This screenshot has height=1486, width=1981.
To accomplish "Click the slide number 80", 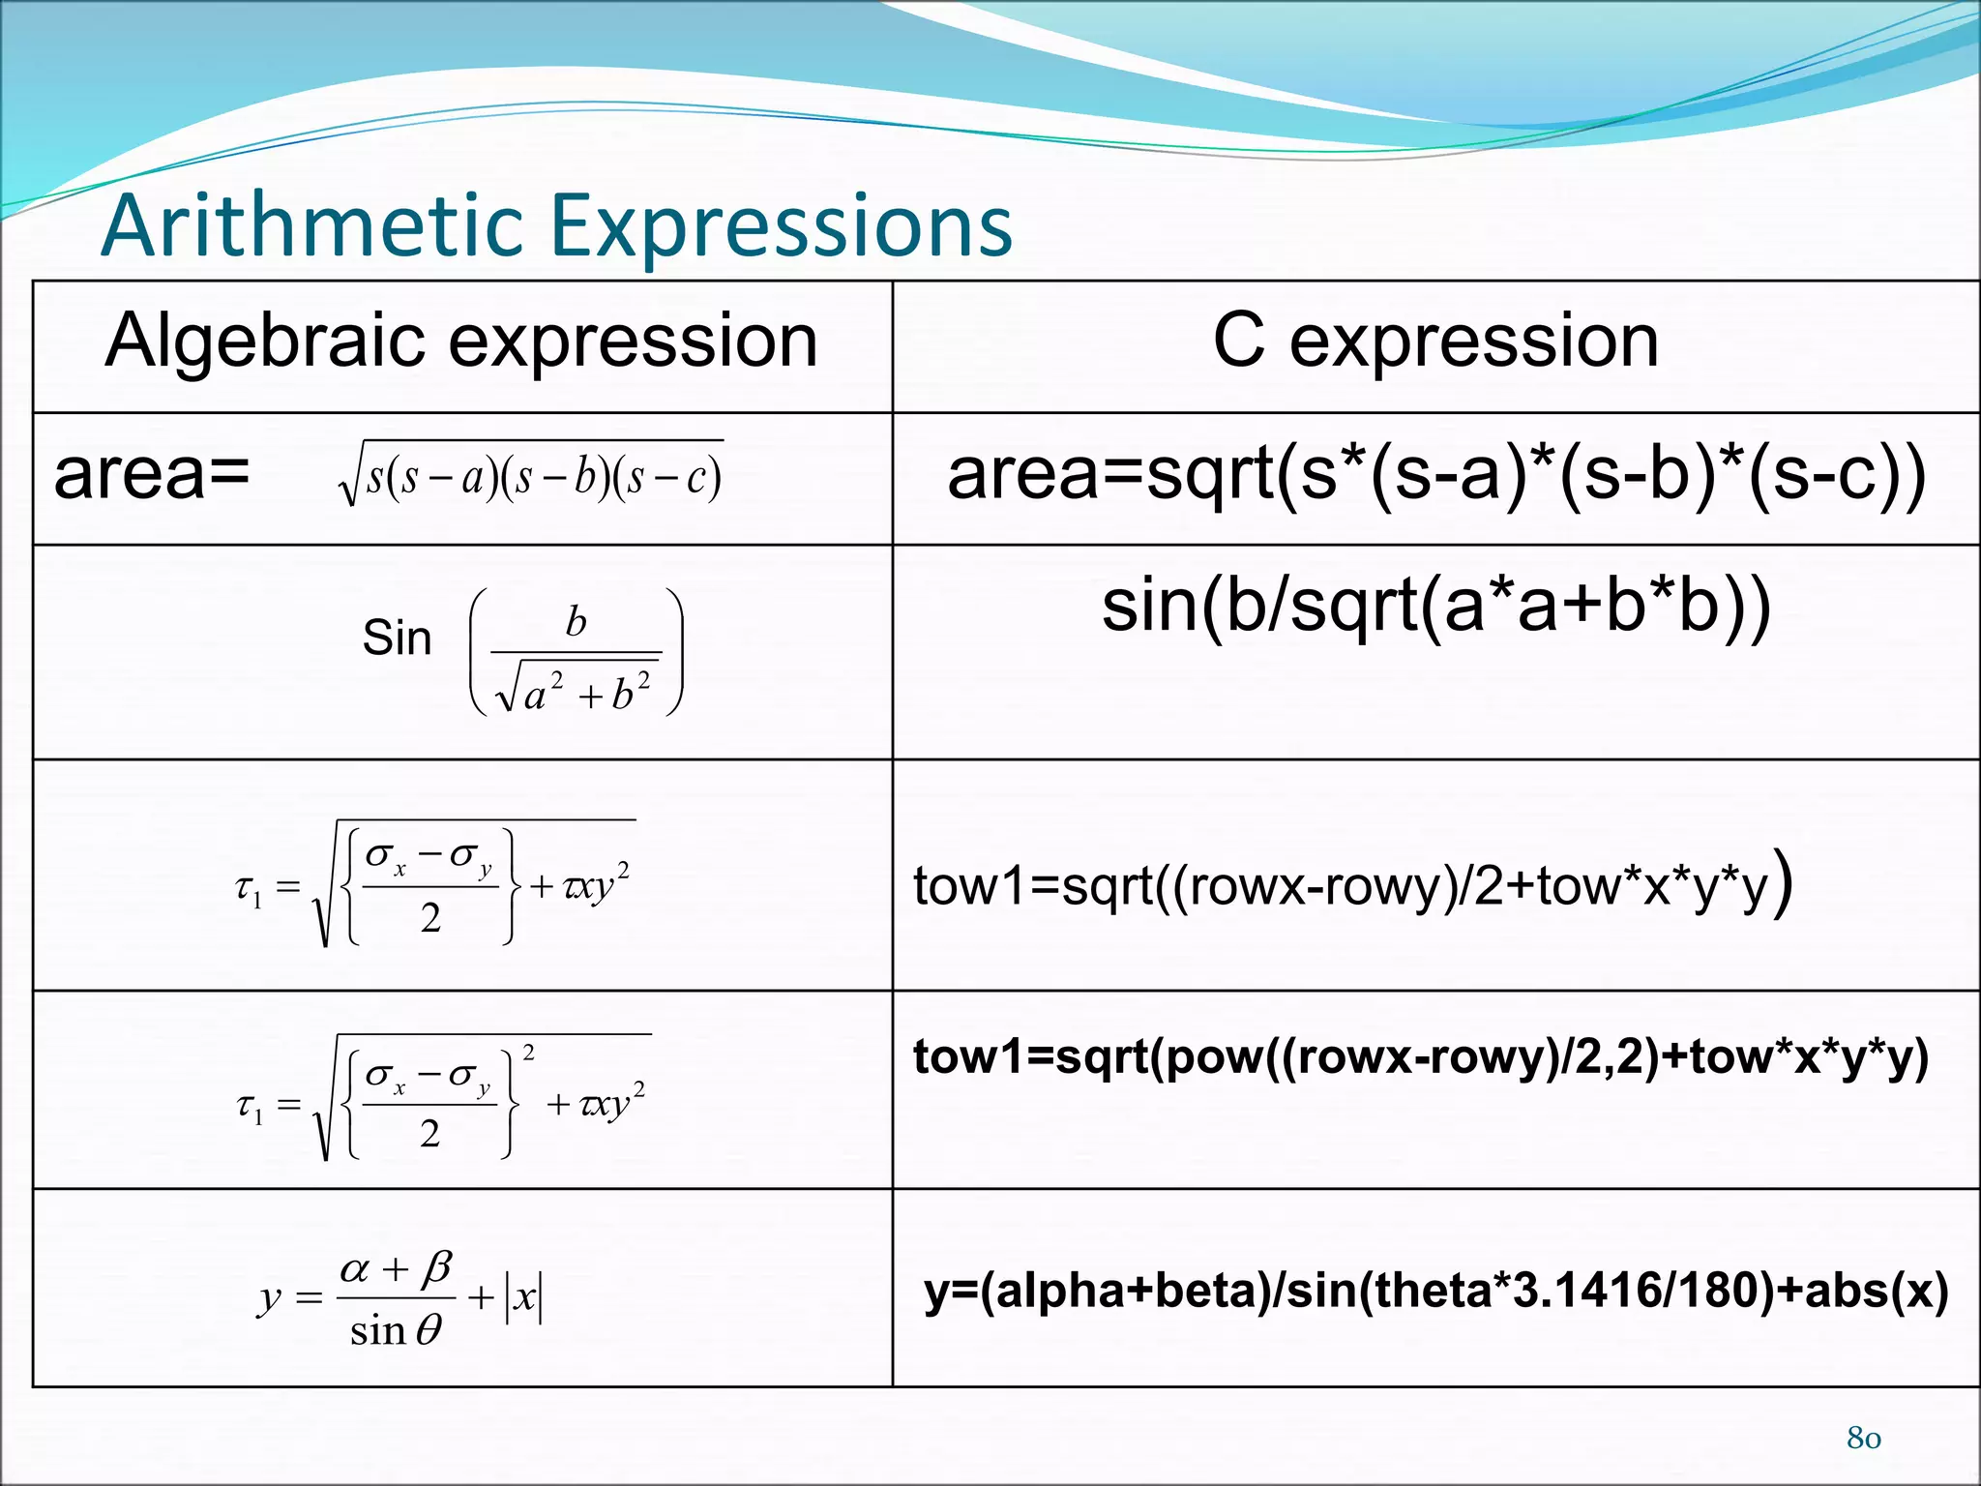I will pos(1863,1438).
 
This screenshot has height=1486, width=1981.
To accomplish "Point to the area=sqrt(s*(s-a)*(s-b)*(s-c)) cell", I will pos(1435,475).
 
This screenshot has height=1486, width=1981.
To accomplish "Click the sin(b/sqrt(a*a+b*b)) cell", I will pos(1435,608).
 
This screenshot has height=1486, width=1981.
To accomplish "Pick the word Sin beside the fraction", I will pos(397,639).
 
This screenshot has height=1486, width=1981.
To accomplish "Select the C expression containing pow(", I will pos(1420,1056).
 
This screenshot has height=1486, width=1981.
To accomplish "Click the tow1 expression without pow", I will pos(1352,885).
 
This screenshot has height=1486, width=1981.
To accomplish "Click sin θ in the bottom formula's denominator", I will pos(395,1331).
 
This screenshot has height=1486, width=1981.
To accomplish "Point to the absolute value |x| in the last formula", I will pos(524,1297).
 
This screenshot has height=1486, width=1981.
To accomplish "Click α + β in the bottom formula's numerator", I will pos(397,1267).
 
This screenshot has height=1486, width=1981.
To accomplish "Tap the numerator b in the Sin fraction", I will pos(576,622).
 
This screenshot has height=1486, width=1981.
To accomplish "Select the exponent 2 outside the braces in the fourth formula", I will pos(528,1054).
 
